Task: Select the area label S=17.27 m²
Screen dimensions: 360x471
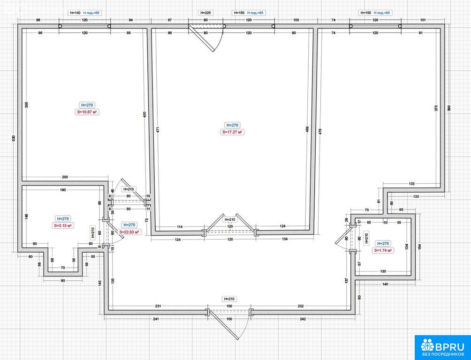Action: (233, 132)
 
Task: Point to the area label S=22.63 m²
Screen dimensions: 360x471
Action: (130, 232)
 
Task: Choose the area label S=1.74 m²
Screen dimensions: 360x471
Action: (383, 250)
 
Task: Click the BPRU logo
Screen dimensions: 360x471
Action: (442, 347)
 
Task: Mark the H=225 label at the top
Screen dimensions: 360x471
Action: (205, 13)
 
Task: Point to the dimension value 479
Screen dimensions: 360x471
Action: (320, 132)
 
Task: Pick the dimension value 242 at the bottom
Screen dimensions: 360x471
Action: (303, 319)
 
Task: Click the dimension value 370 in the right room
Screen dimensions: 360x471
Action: (436, 108)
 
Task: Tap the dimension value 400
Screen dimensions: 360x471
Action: (144, 114)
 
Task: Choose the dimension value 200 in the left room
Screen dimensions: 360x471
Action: (64, 177)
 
